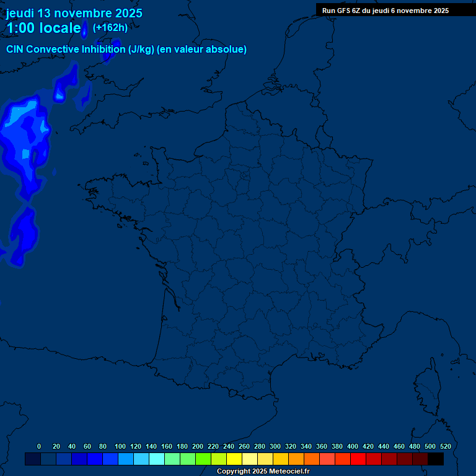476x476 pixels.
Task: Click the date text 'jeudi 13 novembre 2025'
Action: (x=74, y=13)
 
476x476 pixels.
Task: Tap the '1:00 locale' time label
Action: (x=43, y=28)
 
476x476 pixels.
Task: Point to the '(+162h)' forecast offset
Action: (x=110, y=27)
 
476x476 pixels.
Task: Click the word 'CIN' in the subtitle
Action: (x=15, y=50)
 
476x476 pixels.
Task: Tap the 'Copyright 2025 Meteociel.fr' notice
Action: (x=263, y=472)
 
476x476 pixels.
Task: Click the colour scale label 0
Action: (x=39, y=446)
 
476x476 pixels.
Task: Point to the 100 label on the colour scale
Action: (x=120, y=446)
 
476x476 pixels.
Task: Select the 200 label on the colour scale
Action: (x=198, y=446)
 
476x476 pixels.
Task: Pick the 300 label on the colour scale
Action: (x=275, y=446)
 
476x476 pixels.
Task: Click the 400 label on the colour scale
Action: (x=353, y=446)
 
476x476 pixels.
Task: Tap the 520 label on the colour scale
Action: (x=445, y=446)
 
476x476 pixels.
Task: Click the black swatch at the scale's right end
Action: (x=436, y=459)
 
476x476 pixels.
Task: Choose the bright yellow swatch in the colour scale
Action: (x=234, y=459)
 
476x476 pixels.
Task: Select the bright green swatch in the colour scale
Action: (x=203, y=459)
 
